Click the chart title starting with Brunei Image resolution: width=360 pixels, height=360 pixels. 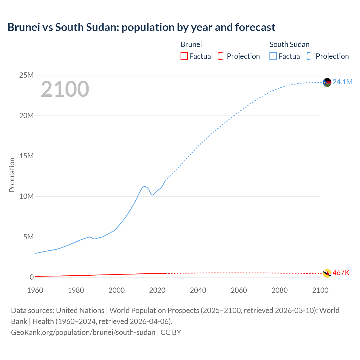pos(141,27)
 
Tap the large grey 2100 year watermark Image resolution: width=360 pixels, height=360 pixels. pos(65,89)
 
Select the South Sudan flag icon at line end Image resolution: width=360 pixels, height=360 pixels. pos(327,82)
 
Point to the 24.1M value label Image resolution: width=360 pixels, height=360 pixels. pos(342,82)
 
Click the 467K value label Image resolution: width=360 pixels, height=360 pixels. pos(341,273)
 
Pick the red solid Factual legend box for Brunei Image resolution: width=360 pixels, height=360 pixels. pos(184,56)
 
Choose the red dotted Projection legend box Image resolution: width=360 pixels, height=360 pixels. pos(222,56)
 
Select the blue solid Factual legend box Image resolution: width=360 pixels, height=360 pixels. pos(273,56)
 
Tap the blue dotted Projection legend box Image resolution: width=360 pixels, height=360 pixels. pos(311,56)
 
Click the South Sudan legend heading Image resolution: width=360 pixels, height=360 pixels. pos(289,44)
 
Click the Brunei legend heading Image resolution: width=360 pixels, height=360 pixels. pos(191,44)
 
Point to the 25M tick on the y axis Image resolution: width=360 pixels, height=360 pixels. pos(26,75)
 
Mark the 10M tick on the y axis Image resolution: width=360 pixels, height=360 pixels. pos(26,196)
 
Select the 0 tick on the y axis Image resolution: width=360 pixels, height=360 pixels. pos(31,277)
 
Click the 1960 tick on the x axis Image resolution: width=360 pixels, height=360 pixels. pos(35,290)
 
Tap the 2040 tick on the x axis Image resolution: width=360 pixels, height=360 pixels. pos(198,290)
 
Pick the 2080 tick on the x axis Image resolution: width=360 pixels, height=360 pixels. pos(280,290)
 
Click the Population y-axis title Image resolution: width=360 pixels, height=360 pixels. pos(12,175)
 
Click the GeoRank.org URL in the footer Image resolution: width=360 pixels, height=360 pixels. pos(83,332)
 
